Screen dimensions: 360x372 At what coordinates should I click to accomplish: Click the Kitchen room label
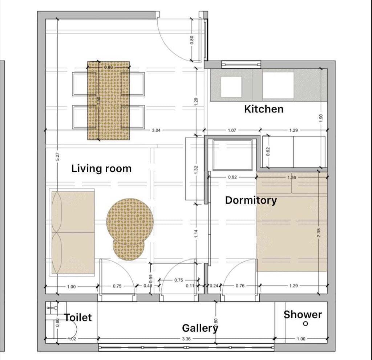(264, 109)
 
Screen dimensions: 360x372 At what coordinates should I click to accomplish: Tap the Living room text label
(101, 168)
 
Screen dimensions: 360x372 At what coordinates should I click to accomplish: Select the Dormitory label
(251, 200)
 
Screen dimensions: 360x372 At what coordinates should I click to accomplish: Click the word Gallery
(200, 328)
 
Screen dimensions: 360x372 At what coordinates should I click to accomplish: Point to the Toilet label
(78, 318)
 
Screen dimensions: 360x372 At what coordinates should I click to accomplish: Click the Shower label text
(303, 314)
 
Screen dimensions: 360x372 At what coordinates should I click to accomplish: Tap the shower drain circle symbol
(305, 323)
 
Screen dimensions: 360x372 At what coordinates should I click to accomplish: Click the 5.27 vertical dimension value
(58, 157)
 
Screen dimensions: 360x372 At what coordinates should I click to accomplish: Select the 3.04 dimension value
(156, 130)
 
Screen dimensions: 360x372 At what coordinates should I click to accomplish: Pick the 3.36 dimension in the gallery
(186, 339)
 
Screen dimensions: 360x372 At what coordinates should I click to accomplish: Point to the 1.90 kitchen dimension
(320, 118)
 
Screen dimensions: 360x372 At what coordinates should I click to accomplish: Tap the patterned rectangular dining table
(108, 101)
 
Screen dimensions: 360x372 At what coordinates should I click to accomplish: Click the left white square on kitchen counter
(231, 87)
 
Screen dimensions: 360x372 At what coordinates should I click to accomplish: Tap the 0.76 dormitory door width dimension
(240, 286)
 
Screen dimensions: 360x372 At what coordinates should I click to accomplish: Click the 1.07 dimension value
(232, 130)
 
